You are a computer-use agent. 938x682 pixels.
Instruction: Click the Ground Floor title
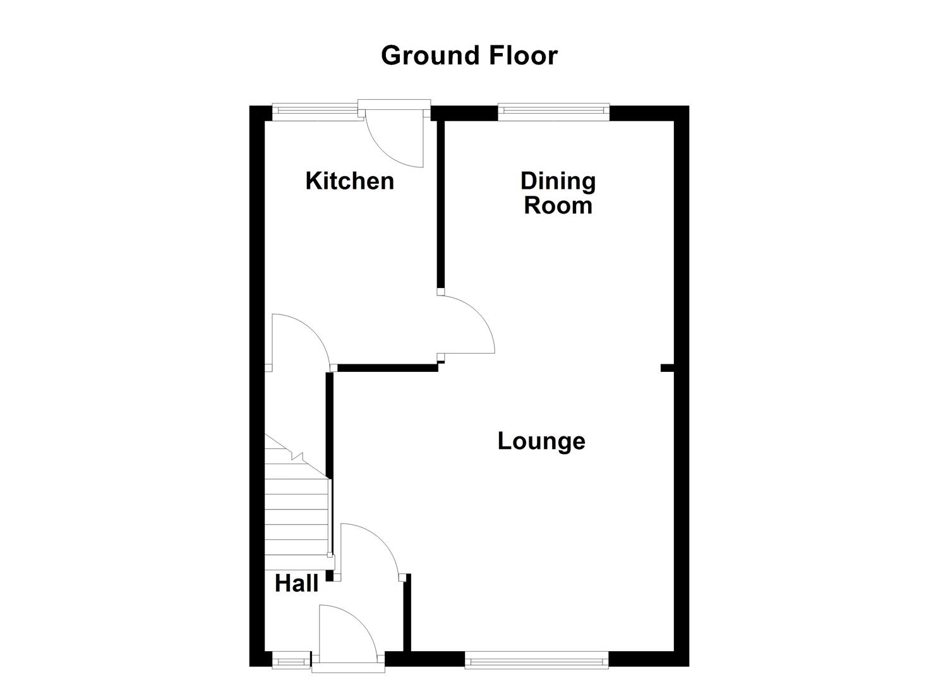click(469, 56)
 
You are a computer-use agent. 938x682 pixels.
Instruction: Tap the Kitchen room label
click(349, 181)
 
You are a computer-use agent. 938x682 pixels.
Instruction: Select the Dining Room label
click(558, 193)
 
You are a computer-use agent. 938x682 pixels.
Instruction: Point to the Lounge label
click(541, 441)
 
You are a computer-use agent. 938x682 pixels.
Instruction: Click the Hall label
click(296, 583)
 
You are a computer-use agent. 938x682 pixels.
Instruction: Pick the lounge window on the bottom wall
click(536, 661)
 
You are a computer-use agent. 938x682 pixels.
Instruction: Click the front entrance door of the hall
click(347, 635)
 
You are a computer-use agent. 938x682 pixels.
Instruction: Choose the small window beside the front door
click(291, 661)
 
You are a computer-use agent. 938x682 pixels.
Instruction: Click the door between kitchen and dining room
click(466, 325)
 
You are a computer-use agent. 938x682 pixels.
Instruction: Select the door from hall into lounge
click(370, 549)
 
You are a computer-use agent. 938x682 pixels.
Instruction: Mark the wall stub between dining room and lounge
click(667, 368)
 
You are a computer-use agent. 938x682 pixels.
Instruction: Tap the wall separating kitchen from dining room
click(441, 202)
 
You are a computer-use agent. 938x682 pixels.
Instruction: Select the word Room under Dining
click(558, 206)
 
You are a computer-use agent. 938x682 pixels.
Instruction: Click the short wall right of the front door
click(407, 613)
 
